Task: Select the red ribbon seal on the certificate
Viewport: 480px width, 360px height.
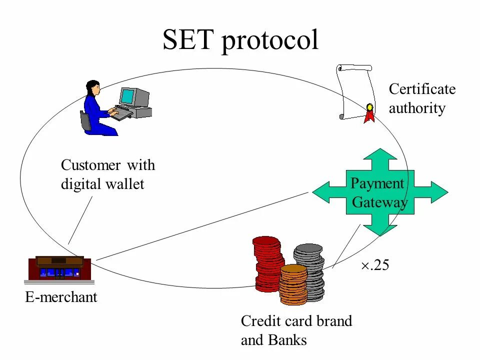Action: [x=369, y=113]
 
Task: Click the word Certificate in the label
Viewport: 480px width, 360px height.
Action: [x=422, y=89]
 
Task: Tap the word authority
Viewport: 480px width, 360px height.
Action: [x=416, y=108]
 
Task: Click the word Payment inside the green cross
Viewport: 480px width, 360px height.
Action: [x=377, y=183]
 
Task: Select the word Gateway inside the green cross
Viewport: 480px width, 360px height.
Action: [x=379, y=202]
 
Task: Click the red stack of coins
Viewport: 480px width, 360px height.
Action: [x=267, y=262]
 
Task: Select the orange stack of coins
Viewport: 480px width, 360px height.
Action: [x=293, y=285]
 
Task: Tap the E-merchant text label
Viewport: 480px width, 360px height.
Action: [x=61, y=298]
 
